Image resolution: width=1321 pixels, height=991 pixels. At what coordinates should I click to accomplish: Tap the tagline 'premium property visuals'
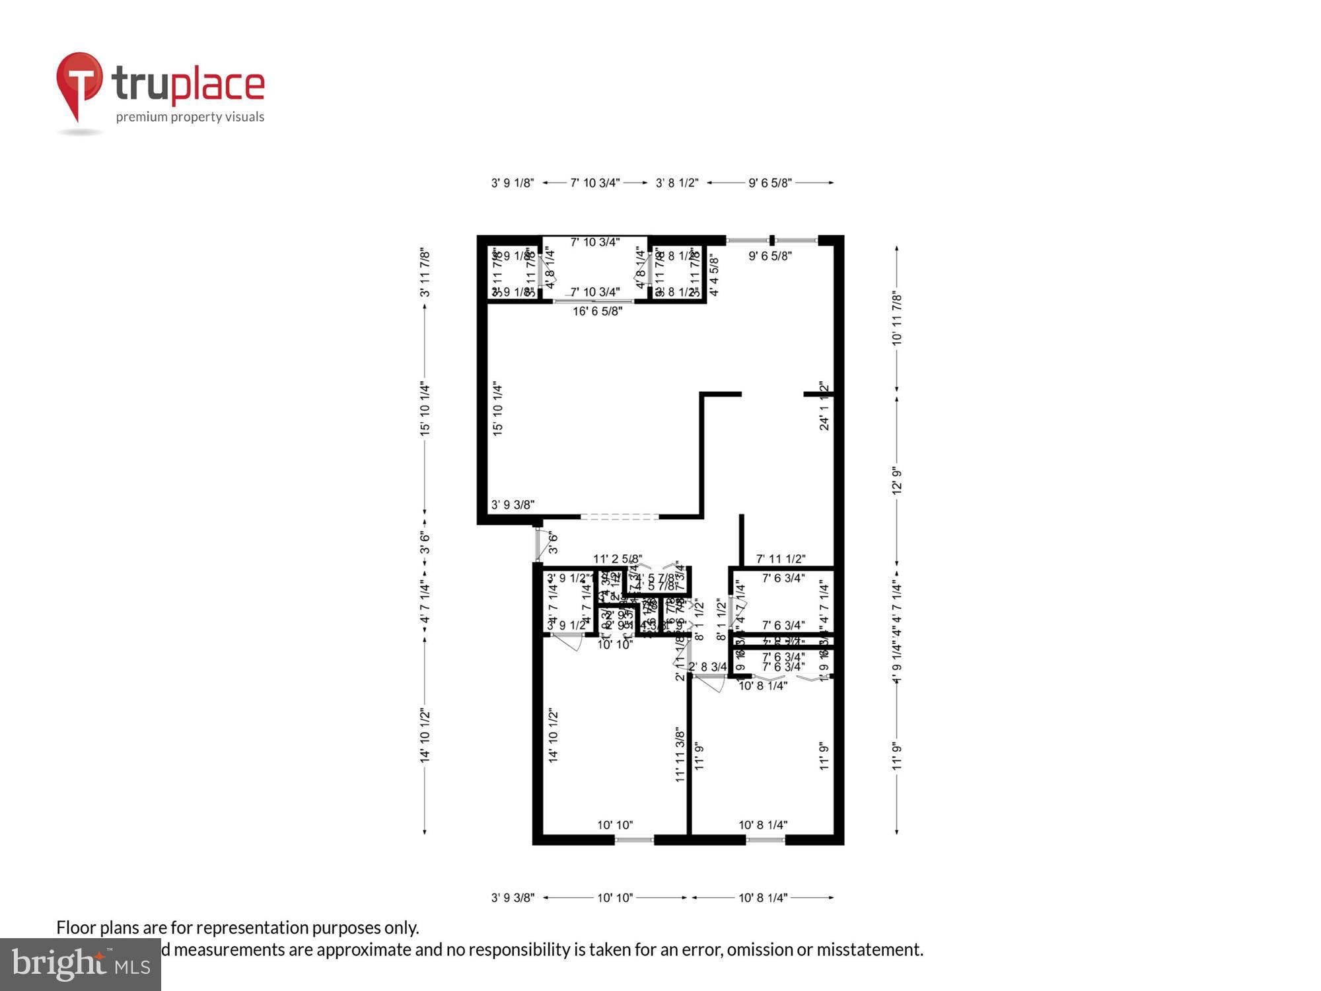190,117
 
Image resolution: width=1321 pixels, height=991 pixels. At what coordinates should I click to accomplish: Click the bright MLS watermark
81,965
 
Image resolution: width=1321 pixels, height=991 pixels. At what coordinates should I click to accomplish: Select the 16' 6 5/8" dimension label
597,311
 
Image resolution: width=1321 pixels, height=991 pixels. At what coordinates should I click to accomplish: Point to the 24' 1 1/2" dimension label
824,406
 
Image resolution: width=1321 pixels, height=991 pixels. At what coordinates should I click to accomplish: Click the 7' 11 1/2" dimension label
781,559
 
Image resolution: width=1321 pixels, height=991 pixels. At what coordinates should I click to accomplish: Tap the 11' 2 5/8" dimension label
617,559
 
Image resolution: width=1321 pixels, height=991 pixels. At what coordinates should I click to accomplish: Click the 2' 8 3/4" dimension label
707,667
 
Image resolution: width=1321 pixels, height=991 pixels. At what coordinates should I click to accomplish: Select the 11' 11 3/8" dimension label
680,755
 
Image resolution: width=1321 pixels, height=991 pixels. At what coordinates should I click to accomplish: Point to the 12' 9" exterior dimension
896,481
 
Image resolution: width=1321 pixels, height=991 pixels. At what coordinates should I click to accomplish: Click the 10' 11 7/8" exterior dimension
896,318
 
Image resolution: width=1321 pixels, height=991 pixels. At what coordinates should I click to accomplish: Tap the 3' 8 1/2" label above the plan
676,183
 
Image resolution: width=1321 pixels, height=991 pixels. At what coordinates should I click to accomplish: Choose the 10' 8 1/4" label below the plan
763,898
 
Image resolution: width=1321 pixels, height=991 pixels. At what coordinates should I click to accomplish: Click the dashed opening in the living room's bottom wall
619,517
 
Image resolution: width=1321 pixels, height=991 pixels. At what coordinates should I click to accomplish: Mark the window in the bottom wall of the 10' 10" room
634,840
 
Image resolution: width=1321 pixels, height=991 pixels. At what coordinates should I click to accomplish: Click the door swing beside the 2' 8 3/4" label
711,683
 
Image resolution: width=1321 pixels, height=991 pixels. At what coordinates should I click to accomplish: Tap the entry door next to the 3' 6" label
539,544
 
